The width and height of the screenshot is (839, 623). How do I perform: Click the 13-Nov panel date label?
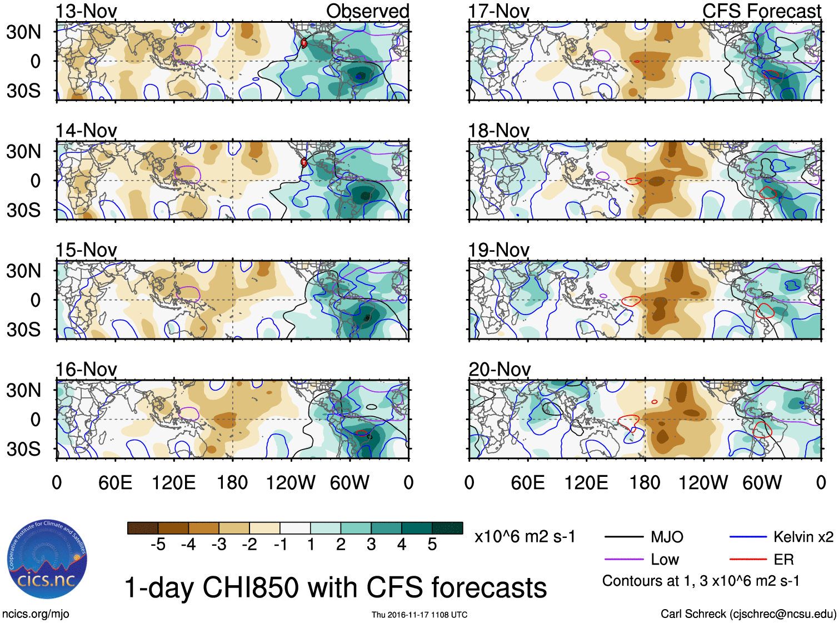tap(86, 12)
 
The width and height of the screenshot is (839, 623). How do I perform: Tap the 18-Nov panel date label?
tap(498, 131)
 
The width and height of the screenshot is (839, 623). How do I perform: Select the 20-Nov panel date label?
tap(499, 370)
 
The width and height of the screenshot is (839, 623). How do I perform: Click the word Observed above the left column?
tap(367, 11)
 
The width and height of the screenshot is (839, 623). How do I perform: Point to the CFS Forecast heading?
tap(761, 11)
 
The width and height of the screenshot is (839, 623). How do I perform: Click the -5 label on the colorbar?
tap(158, 545)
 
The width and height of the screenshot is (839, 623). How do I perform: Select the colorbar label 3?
tap(371, 545)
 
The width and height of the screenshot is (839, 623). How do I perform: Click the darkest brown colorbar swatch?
tap(143, 528)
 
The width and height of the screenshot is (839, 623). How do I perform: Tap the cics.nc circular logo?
tap(47, 560)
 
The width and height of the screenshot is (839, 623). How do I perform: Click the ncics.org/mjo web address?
tap(36, 614)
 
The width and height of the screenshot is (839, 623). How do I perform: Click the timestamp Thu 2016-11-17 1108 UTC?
tap(420, 615)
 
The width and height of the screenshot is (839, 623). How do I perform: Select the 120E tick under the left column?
tap(174, 482)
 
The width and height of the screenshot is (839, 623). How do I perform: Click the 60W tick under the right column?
tap(762, 482)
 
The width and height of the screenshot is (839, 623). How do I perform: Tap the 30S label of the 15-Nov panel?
tap(23, 330)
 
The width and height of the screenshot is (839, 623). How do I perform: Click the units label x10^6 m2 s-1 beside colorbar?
tap(525, 537)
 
